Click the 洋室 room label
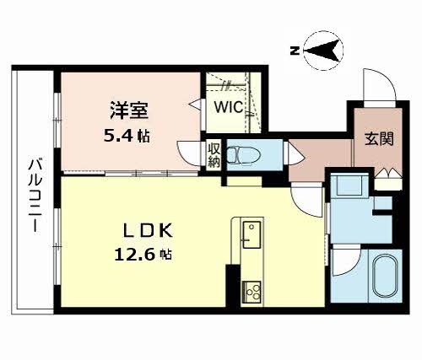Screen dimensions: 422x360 (129, 110)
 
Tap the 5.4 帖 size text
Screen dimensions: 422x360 (127, 137)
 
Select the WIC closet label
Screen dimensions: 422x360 (229, 107)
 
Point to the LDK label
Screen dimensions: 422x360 (147, 231)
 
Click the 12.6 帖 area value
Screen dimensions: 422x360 (143, 255)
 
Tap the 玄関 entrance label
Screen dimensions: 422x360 (379, 138)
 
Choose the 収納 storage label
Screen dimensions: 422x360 (214, 155)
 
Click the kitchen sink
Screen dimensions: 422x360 (252, 234)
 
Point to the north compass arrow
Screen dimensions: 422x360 (322, 51)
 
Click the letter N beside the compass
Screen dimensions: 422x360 (295, 51)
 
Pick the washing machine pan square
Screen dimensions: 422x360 (349, 185)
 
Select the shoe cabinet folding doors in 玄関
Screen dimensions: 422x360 (388, 172)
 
